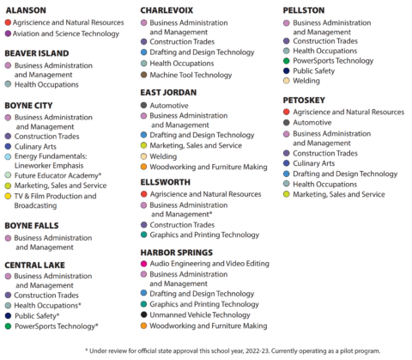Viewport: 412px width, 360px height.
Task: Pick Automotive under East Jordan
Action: coord(169,105)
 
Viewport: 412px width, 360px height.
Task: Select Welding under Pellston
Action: coord(306,82)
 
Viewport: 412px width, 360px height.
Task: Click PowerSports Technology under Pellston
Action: coord(333,61)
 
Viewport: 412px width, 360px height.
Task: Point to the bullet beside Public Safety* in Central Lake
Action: coord(8,316)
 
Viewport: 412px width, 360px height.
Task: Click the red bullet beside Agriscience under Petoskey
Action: coord(287,112)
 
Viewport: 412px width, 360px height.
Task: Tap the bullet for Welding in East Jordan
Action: coord(143,156)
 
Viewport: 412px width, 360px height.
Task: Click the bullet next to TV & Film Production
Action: coord(8,196)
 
